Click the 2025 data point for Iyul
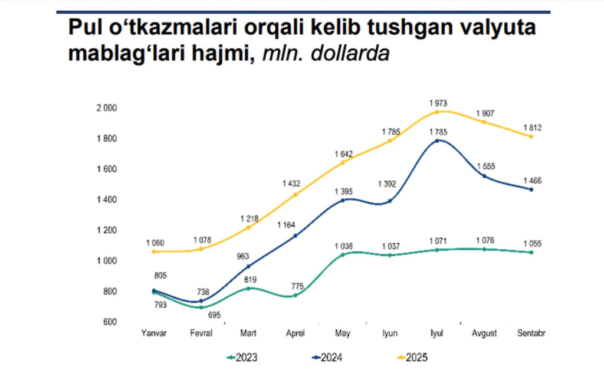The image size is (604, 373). (437, 112)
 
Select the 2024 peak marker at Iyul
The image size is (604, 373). (437, 140)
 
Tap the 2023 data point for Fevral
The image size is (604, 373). (201, 307)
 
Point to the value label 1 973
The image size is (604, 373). (437, 103)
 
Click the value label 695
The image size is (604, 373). (215, 315)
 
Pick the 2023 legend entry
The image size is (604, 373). (242, 357)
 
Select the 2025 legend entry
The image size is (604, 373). (412, 357)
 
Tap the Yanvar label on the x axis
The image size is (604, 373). (154, 333)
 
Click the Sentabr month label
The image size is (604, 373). (530, 333)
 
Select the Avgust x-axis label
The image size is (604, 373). (484, 333)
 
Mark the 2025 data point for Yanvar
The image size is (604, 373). (154, 251)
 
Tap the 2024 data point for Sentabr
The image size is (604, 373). (531, 189)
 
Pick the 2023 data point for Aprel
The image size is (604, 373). (295, 295)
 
